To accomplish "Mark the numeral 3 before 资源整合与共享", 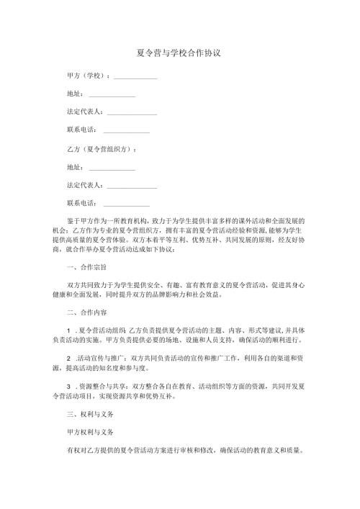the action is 68,387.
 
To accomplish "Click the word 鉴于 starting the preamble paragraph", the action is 73,219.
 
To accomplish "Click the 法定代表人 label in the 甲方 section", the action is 84,112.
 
